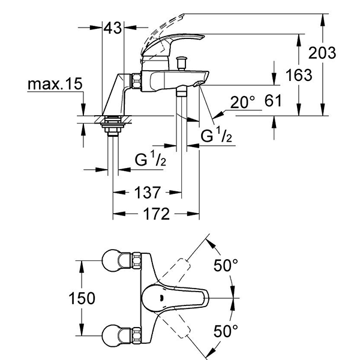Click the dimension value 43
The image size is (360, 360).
click(112, 28)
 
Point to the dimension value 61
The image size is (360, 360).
click(273, 102)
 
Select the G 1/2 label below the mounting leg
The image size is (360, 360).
click(150, 161)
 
